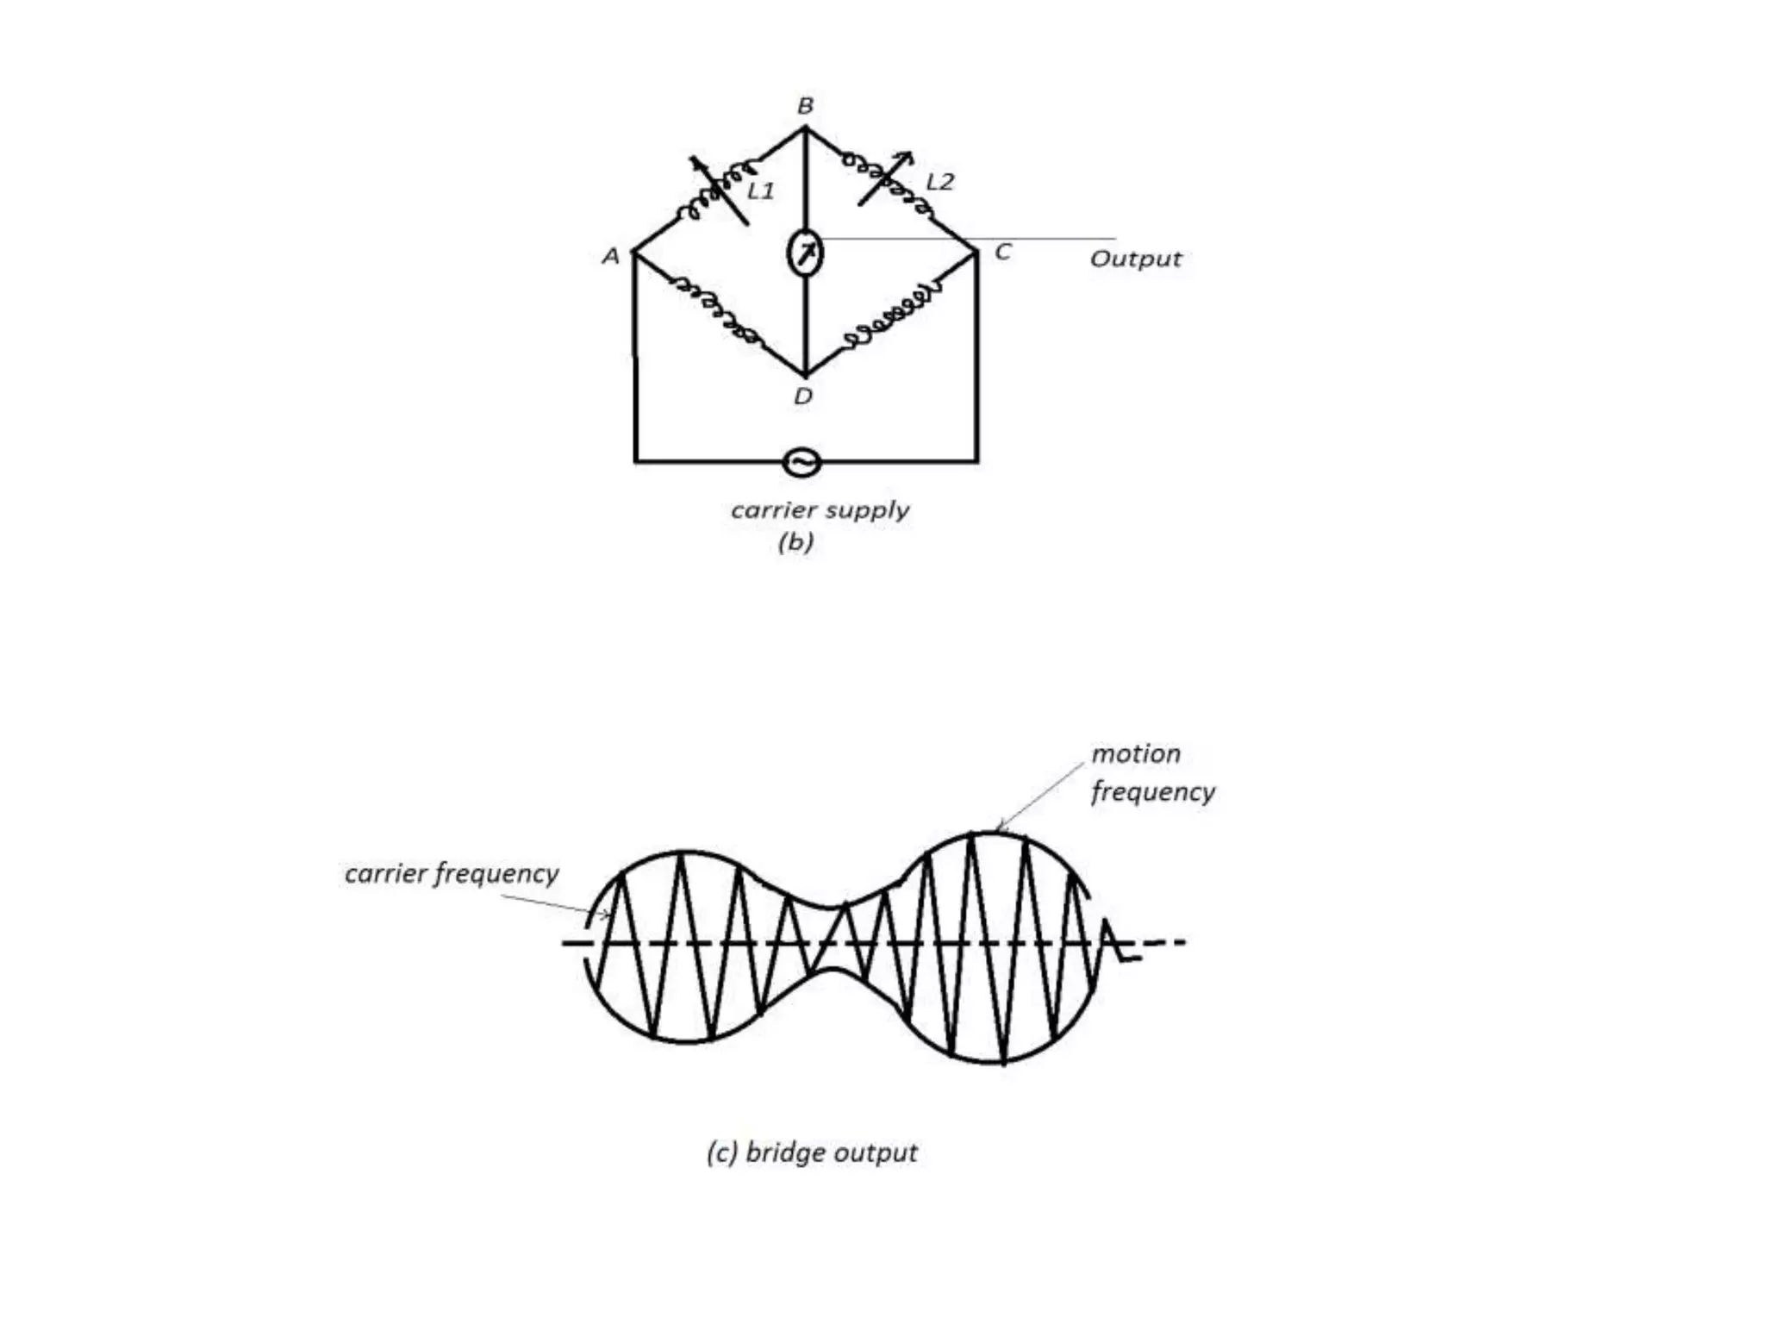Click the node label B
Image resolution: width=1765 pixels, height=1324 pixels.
(805, 106)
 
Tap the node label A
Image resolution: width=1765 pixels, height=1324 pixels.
(611, 256)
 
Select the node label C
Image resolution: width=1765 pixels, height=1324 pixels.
(1002, 252)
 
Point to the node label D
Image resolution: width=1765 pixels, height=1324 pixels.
(803, 397)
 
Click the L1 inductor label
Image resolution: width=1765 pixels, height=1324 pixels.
(761, 190)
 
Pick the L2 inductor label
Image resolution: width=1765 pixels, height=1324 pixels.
(940, 182)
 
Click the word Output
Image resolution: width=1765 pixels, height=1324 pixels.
(1135, 259)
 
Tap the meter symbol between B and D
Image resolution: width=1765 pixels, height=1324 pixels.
(805, 253)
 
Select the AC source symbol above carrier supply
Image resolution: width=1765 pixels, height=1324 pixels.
(801, 463)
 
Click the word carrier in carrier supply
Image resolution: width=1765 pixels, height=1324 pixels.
(770, 509)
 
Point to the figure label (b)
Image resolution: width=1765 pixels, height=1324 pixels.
(795, 542)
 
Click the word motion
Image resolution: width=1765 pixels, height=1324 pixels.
(1136, 754)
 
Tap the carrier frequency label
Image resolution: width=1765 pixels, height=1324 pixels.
(452, 874)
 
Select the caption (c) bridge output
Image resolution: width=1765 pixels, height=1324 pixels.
(812, 1152)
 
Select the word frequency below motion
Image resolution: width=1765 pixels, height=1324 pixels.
(1153, 792)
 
